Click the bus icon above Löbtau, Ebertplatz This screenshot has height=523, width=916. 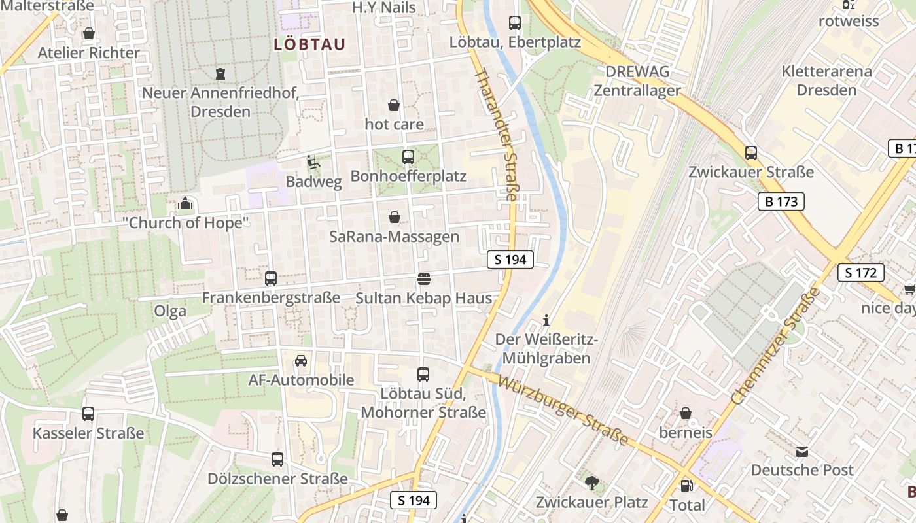pos(515,23)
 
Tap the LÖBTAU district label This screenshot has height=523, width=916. pos(309,44)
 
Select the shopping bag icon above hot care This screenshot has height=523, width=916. pos(394,105)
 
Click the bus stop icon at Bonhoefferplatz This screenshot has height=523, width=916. pos(408,156)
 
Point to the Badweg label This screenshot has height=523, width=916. pos(313,182)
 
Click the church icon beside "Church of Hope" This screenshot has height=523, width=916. pos(185,204)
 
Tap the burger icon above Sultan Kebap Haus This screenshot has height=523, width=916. pos(423,279)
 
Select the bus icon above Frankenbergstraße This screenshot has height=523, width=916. pos(271,278)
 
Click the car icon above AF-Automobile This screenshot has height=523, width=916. pos(301,360)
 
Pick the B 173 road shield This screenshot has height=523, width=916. pos(781,201)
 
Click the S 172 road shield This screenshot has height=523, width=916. pos(860,273)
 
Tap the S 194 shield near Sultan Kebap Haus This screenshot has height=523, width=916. pos(510,260)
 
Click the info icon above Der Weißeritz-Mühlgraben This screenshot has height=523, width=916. pos(547,320)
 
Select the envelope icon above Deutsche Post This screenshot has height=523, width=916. pos(802,451)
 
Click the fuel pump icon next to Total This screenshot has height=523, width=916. pos(686,486)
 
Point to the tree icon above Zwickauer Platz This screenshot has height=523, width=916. pos(592,483)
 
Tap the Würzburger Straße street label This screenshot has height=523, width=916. pos(563,410)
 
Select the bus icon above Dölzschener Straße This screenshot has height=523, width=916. pos(277,460)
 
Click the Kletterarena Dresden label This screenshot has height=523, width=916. pos(826,80)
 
